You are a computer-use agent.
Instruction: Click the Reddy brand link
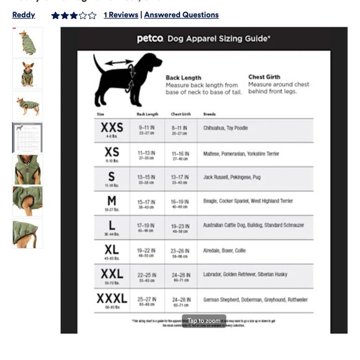(x=24, y=15)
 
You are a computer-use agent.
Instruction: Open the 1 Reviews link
(x=121, y=15)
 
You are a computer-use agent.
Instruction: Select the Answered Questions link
(x=181, y=15)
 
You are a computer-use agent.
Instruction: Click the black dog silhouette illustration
(x=127, y=78)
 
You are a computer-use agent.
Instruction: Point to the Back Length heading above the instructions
(x=183, y=78)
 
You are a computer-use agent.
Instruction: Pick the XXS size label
(x=112, y=128)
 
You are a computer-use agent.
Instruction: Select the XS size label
(x=112, y=152)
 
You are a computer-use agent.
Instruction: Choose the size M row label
(x=112, y=201)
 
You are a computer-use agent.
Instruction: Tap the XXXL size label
(x=112, y=299)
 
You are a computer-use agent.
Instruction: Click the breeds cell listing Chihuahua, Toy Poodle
(x=225, y=128)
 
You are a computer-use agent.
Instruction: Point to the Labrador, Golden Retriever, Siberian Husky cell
(x=245, y=274)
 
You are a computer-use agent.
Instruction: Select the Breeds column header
(x=209, y=114)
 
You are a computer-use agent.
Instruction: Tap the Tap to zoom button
(x=204, y=321)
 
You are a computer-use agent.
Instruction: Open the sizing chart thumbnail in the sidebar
(x=27, y=137)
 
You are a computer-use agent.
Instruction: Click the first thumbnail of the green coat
(x=27, y=42)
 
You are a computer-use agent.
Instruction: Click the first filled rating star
(x=55, y=16)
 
